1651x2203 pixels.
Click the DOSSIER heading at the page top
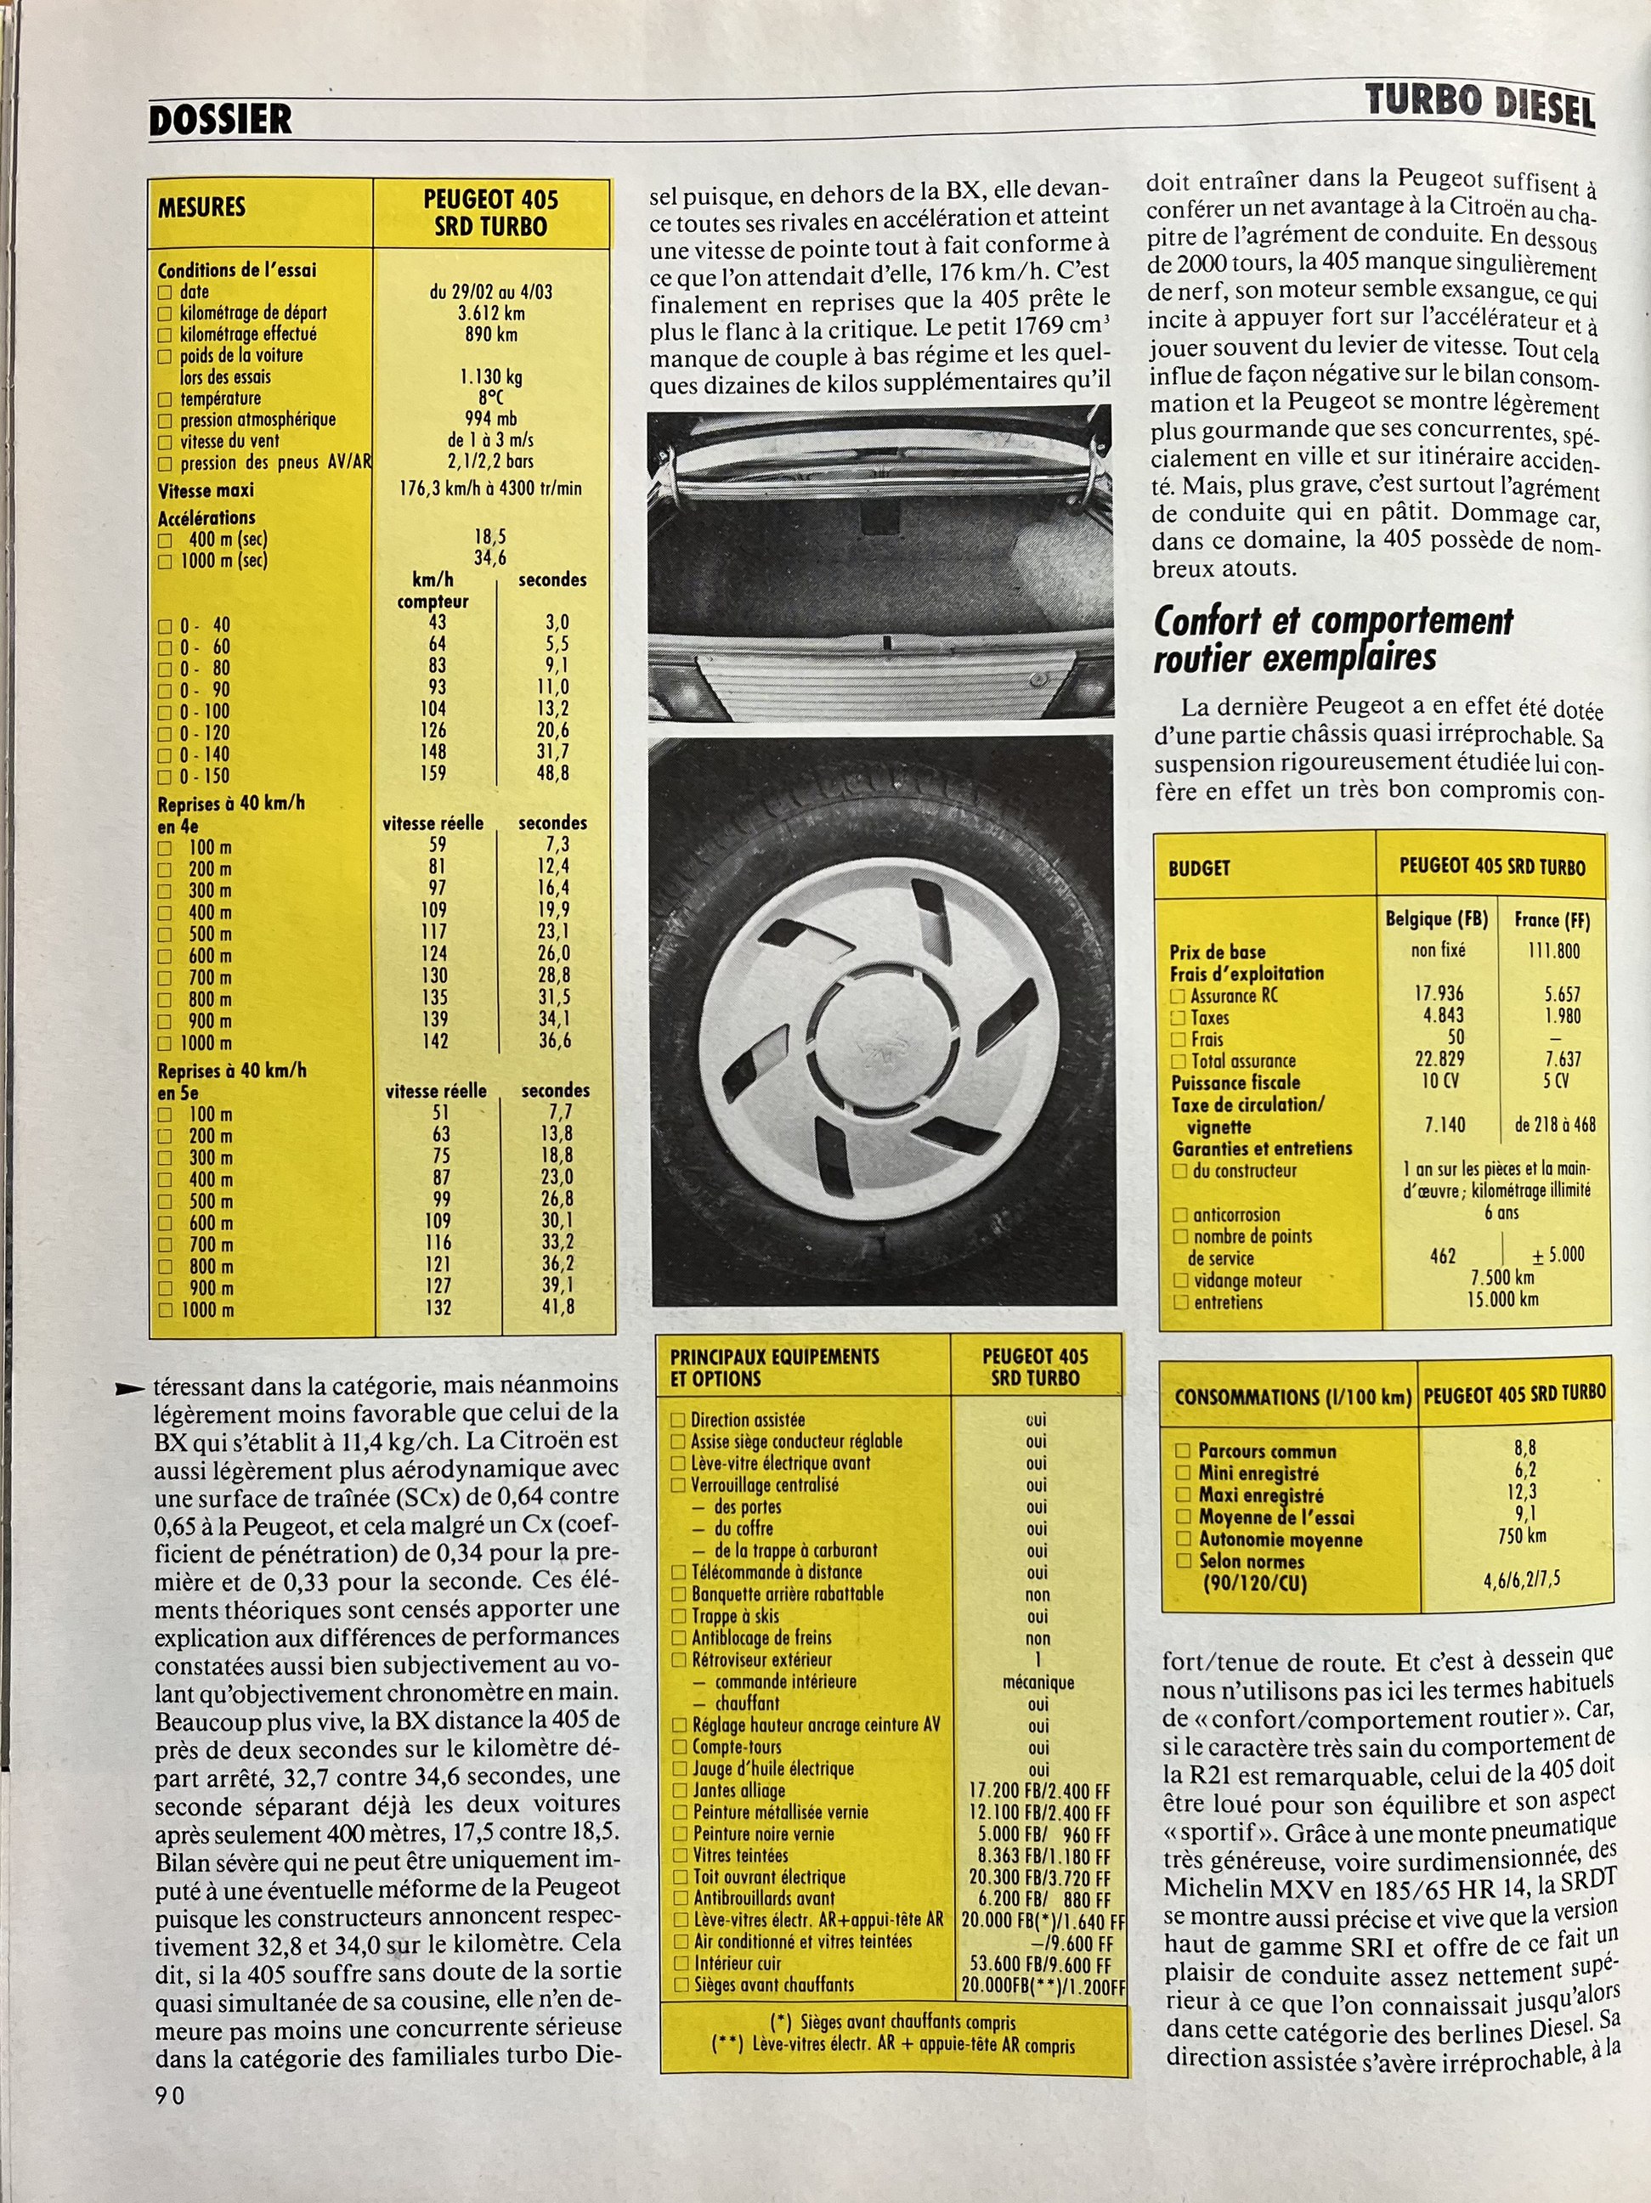pos(220,120)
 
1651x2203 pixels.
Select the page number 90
pos(169,2095)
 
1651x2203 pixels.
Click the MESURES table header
pos(201,207)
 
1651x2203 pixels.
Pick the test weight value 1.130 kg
pos(491,376)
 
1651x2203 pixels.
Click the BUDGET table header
pos(1199,867)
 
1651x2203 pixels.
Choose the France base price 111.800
pos(1553,950)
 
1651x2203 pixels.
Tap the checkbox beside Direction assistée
pos(678,1421)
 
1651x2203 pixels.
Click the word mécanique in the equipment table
pos(1038,1682)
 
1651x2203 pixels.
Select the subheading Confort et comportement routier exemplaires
pos(1332,640)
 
